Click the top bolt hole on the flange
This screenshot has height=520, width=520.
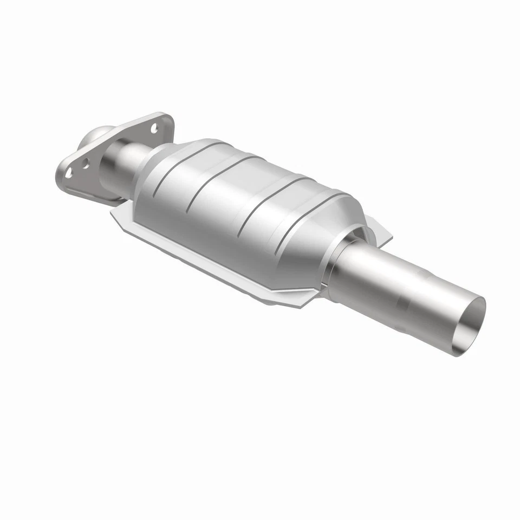point(154,129)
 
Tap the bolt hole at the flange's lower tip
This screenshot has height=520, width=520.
point(68,173)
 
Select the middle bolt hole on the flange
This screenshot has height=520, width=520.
point(86,164)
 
